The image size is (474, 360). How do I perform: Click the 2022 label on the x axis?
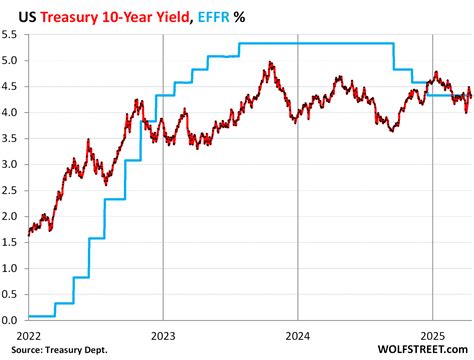point(27,335)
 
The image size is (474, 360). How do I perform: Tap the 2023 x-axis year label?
point(163,335)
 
